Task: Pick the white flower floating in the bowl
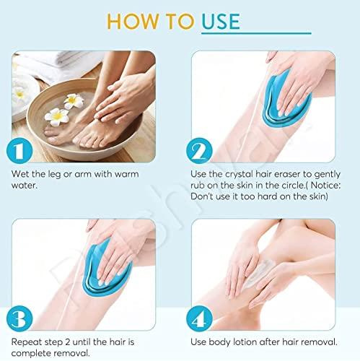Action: tap(58, 115)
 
